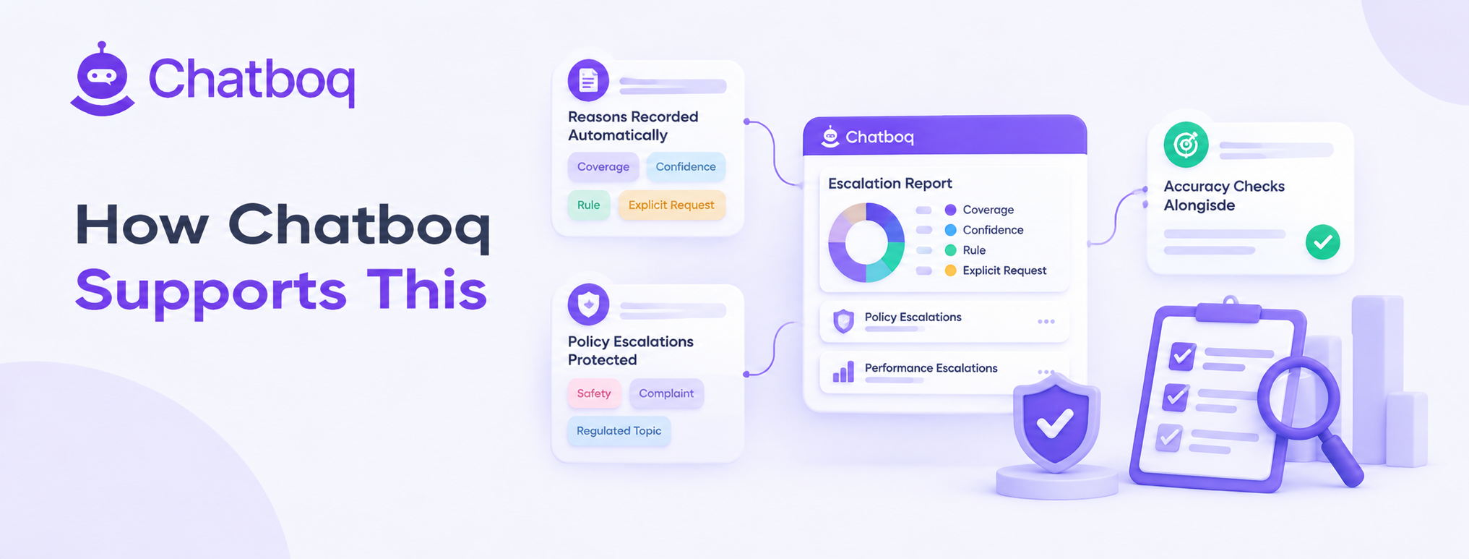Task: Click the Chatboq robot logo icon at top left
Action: pos(103,79)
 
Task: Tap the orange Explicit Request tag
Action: pos(671,205)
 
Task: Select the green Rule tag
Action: pos(588,205)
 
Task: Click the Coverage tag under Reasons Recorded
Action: pos(603,167)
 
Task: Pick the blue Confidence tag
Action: pos(686,167)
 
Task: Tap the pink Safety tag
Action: pos(594,393)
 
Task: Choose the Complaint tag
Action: pos(666,393)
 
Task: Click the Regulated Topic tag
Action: pos(619,431)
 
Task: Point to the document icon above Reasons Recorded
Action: pos(588,80)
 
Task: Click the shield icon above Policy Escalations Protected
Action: pos(588,304)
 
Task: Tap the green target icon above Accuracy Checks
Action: pos(1186,145)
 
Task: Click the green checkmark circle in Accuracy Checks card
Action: pos(1323,242)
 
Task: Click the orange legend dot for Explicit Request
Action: pos(951,270)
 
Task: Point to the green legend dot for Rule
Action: pos(951,250)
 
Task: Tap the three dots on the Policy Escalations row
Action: pos(1046,322)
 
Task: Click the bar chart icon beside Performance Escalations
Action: pos(843,372)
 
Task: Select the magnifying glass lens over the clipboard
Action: pos(1298,398)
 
